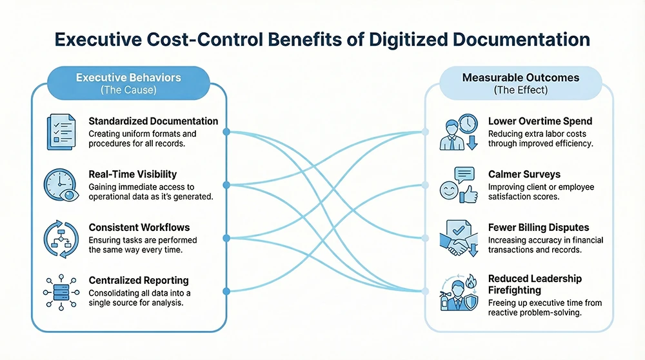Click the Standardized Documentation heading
(x=153, y=121)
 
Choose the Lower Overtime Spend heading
(x=540, y=121)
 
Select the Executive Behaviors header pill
(x=128, y=83)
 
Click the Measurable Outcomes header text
(x=521, y=78)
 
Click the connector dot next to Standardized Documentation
(x=226, y=132)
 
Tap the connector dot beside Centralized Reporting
(x=226, y=292)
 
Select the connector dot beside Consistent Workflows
(x=226, y=239)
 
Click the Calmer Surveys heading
(x=524, y=175)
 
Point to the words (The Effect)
(x=521, y=90)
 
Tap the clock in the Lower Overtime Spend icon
(x=468, y=123)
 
